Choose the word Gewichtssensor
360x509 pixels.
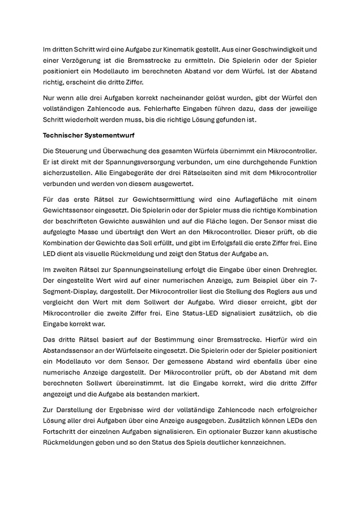point(71,211)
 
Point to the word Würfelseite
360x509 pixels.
point(135,350)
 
